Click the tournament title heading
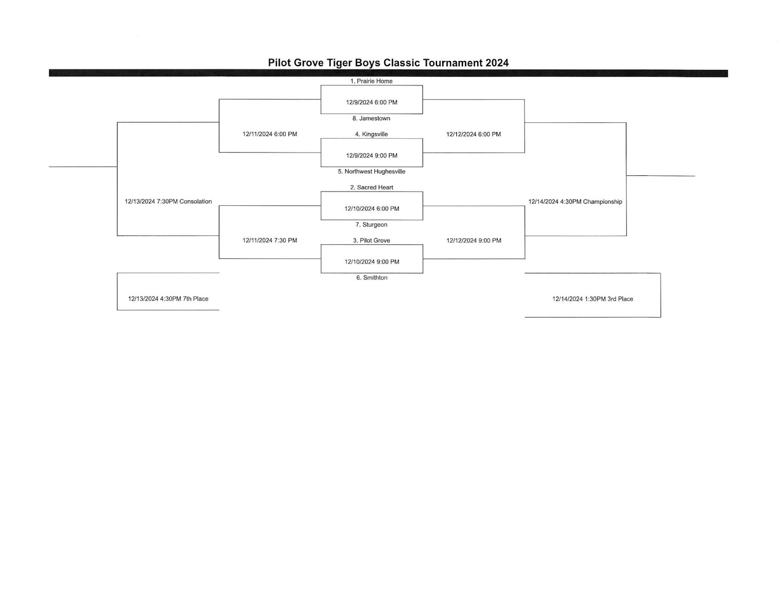click(388, 63)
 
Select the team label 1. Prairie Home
click(371, 81)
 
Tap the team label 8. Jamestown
click(371, 118)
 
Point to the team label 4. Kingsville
click(371, 134)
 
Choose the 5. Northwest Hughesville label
click(371, 172)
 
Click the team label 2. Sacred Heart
click(371, 187)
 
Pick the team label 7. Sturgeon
click(371, 225)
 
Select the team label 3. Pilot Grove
click(371, 240)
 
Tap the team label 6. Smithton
click(371, 278)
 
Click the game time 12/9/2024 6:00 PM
click(371, 102)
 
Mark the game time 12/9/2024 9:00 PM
click(371, 156)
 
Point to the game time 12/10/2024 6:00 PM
click(371, 209)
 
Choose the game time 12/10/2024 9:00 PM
click(371, 262)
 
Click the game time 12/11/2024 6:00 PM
click(270, 134)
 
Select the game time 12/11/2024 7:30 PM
click(270, 240)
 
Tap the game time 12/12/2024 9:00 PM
click(473, 240)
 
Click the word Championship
click(603, 202)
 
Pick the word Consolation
click(195, 201)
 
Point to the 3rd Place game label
click(592, 299)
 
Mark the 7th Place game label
click(168, 299)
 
